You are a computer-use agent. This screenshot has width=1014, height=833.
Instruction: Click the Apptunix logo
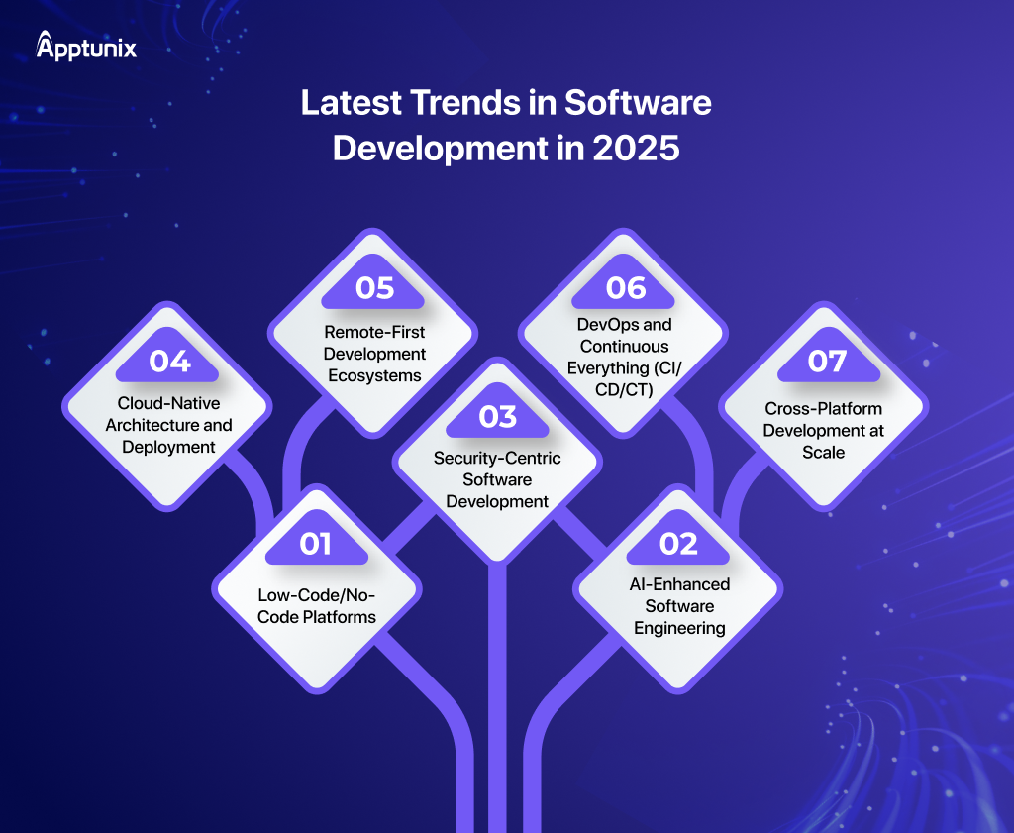[x=86, y=46]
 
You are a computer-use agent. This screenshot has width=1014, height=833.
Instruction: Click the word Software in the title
[x=638, y=103]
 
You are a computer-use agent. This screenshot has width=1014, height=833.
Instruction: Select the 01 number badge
[x=316, y=544]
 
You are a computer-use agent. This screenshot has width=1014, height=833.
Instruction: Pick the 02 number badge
[x=678, y=544]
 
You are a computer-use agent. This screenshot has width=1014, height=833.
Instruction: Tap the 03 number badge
[x=497, y=416]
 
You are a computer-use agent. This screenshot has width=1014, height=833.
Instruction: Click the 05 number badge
[x=374, y=288]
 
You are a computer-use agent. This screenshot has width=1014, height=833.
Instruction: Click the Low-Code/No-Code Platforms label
[x=316, y=606]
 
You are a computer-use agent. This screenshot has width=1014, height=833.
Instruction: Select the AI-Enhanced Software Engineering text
[x=679, y=606]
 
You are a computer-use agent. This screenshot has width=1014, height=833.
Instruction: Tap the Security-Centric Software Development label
[x=497, y=479]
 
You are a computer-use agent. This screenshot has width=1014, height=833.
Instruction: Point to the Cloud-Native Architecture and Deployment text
[x=168, y=425]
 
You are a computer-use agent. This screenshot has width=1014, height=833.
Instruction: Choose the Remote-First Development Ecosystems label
[x=374, y=354]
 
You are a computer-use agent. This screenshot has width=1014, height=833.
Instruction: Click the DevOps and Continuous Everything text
[x=625, y=357]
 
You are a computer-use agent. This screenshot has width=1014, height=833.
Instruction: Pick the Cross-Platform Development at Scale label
[x=823, y=430]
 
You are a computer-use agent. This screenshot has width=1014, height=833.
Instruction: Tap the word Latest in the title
[x=352, y=103]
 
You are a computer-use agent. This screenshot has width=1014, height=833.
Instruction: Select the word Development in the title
[x=440, y=149]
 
